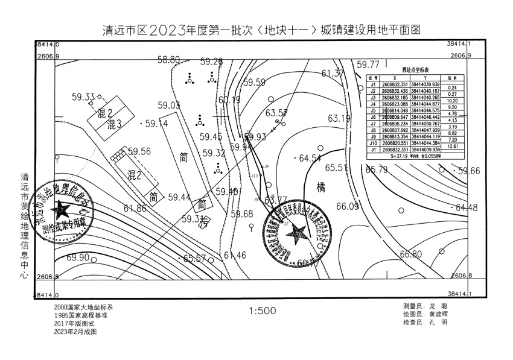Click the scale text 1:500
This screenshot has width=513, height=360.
[262, 312]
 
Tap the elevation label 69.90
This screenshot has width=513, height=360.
[78, 257]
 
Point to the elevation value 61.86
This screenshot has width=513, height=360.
[135, 209]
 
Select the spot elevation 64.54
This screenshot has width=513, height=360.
[310, 159]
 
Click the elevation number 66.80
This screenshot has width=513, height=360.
[410, 254]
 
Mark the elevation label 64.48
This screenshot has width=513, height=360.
[467, 208]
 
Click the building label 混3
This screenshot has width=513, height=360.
[115, 125]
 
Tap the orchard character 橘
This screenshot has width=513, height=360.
[320, 188]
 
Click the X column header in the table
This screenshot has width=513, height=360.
[394, 78]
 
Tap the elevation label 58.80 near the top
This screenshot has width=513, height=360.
[168, 60]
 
